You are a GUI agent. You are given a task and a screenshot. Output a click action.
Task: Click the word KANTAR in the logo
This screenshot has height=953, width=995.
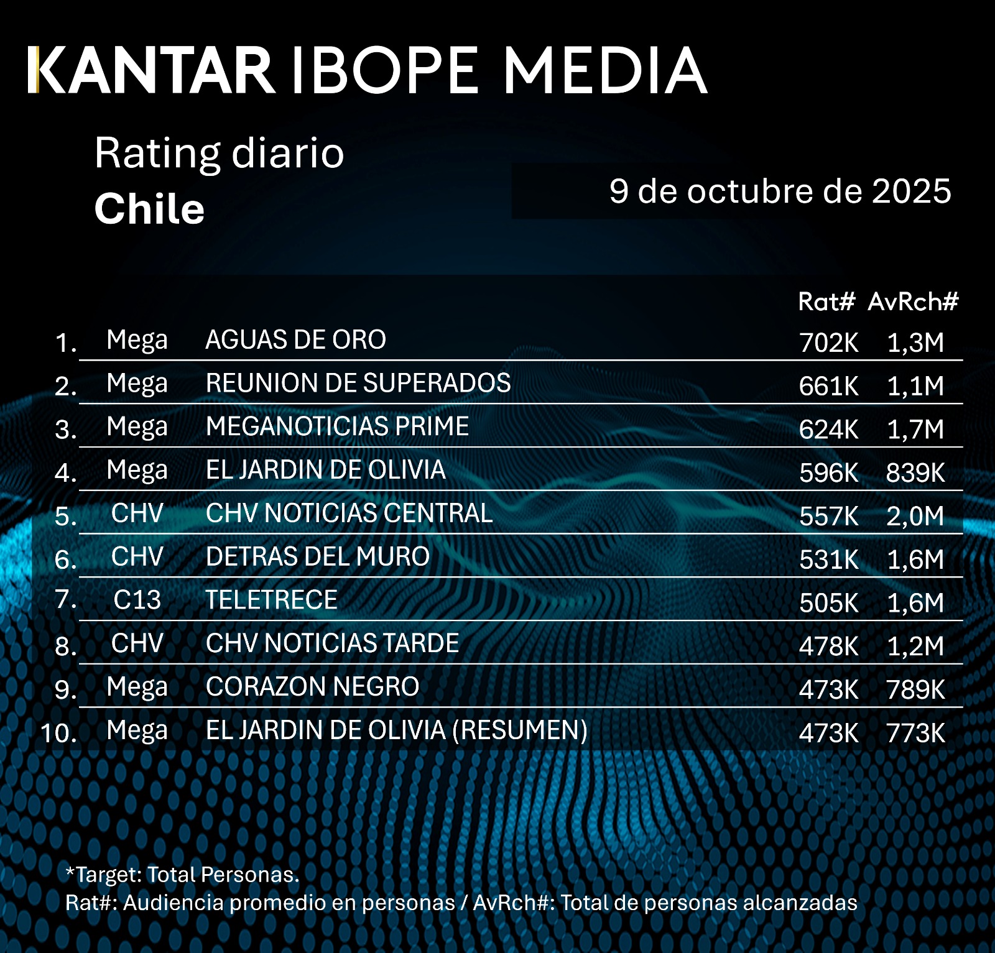[x=152, y=70]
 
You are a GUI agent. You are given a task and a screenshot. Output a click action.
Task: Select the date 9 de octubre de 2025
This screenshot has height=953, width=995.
[x=780, y=191]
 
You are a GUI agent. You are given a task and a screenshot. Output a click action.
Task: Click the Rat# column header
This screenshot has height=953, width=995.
[x=826, y=302]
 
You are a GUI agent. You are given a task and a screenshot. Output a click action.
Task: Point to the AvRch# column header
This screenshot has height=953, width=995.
[x=913, y=302]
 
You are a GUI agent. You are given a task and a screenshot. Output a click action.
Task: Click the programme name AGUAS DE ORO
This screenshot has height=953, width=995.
[x=295, y=340]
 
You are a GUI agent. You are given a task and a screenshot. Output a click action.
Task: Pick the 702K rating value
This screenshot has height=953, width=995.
[x=828, y=343]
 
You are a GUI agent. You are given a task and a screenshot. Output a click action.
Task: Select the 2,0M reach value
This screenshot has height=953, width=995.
[x=915, y=516]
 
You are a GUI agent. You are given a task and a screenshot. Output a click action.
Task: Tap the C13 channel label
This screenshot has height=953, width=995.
[x=137, y=600]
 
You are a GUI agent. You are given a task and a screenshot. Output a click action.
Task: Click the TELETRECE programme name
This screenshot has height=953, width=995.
[x=271, y=600]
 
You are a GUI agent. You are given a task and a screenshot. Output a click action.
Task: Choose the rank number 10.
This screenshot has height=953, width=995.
[x=58, y=733]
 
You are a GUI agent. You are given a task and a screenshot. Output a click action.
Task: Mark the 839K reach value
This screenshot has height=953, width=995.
[x=915, y=473]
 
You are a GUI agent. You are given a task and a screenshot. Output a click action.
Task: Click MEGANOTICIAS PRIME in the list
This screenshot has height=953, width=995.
[x=337, y=426]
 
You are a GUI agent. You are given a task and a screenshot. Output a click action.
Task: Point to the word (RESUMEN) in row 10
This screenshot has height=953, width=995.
[x=519, y=730]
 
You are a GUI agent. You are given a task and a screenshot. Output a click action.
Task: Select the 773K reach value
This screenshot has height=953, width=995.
[x=915, y=734]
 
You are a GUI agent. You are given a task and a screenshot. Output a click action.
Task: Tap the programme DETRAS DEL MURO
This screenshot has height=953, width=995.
[x=317, y=556]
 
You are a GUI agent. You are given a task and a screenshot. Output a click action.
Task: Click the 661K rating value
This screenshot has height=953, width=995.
[x=828, y=386]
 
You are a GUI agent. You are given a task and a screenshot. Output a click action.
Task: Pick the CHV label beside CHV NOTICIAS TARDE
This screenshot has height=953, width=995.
[x=137, y=643]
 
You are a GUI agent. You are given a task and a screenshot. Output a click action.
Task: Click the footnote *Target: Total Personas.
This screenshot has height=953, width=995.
[x=182, y=875]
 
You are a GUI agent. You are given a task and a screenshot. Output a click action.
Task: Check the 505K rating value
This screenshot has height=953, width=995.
[x=828, y=603]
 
